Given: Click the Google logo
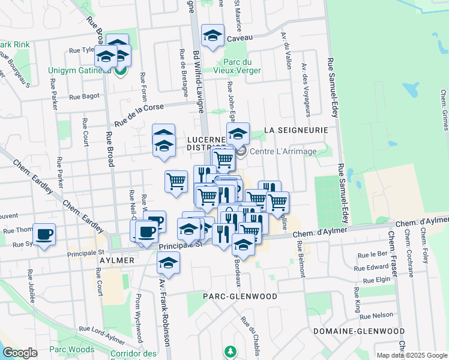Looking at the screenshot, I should click(20, 353).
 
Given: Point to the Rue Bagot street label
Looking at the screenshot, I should click(84, 96).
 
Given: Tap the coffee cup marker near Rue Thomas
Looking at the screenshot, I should click(44, 235).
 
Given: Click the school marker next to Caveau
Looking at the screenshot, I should click(212, 37).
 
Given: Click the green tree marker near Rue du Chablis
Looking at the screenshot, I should click(228, 350).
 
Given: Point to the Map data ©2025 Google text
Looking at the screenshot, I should click(412, 355).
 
